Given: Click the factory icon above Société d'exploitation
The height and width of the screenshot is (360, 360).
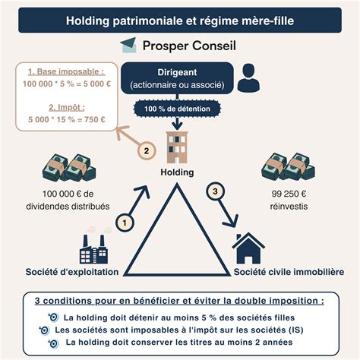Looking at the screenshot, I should point(96,247).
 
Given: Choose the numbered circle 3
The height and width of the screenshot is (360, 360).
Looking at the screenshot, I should point(216,191).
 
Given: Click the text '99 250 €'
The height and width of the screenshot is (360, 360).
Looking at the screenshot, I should point(288,194).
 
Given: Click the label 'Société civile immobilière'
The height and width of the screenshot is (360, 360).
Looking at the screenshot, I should point(289,271).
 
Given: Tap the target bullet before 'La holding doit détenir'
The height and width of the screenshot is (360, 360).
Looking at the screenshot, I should point(52,317).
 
